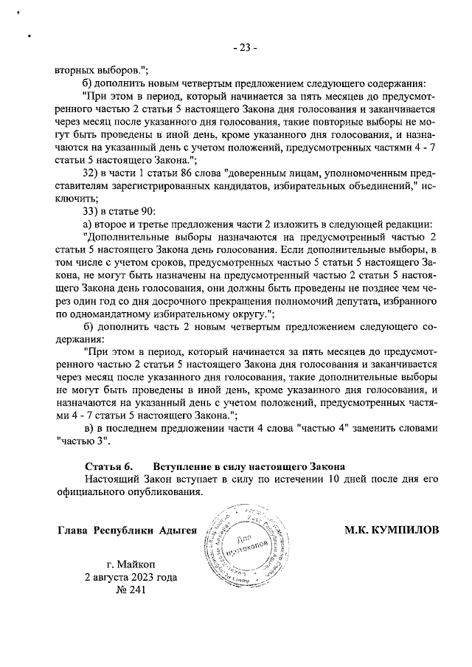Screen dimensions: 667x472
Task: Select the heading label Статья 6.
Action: click(108, 466)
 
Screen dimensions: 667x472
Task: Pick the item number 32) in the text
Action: click(91, 172)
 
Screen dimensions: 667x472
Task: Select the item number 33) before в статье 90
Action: click(91, 212)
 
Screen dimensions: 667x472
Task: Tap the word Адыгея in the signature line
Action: click(177, 531)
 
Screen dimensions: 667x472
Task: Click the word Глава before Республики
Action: click(73, 531)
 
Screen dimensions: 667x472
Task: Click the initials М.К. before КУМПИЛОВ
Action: click(358, 531)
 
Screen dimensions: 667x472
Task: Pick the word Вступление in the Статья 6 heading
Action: click(181, 466)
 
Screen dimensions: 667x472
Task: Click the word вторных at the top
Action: click(74, 70)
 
